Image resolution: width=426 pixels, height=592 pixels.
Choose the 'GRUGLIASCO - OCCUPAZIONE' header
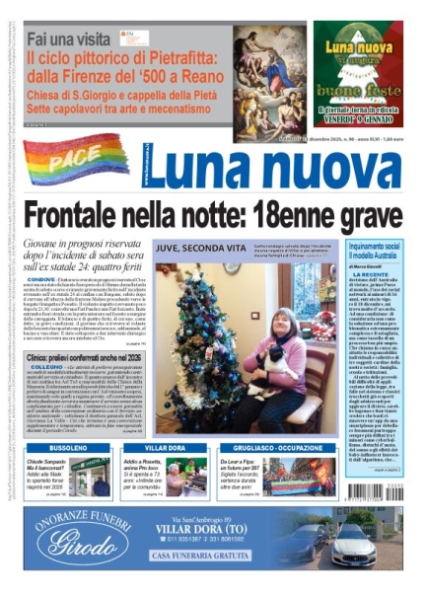click(x=262, y=447)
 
